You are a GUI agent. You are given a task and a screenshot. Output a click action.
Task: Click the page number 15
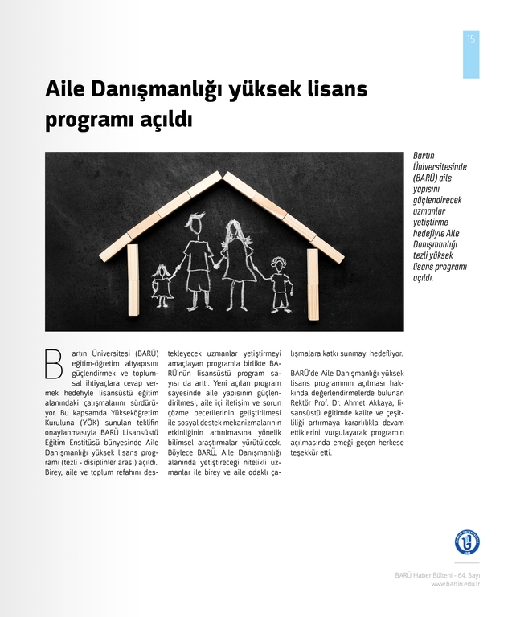coord(470,39)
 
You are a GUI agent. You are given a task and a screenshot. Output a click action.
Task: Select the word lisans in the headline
coord(338,89)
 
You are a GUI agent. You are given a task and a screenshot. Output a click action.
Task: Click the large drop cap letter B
coord(54,362)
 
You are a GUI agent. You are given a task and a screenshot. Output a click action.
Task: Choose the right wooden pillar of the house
coord(313,283)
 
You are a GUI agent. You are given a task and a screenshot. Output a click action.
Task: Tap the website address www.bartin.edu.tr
coord(456,584)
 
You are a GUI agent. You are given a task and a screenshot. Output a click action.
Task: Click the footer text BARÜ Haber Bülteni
coord(425,575)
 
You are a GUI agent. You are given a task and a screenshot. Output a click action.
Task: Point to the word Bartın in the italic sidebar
coord(424,156)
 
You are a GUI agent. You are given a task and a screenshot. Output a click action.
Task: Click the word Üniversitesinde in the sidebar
coord(440,166)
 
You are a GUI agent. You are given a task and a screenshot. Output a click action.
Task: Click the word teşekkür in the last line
coord(305,452)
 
